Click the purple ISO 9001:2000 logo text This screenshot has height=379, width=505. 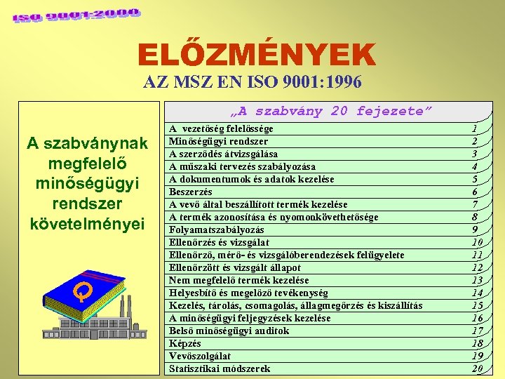click(76, 15)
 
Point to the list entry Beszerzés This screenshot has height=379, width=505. click(191, 192)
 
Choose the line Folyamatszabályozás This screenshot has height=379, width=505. click(217, 230)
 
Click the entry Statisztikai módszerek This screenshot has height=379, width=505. click(220, 368)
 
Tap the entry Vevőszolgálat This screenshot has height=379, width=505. click(200, 356)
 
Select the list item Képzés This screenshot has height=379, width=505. click(185, 343)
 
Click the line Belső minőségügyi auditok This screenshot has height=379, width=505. click(229, 331)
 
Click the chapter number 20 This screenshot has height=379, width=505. click(477, 368)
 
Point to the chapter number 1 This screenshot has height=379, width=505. click(475, 129)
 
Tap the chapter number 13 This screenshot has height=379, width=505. click(477, 280)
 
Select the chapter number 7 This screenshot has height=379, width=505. click(475, 204)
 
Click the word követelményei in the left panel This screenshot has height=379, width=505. click(86, 225)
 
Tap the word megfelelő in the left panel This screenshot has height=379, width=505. click(86, 164)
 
